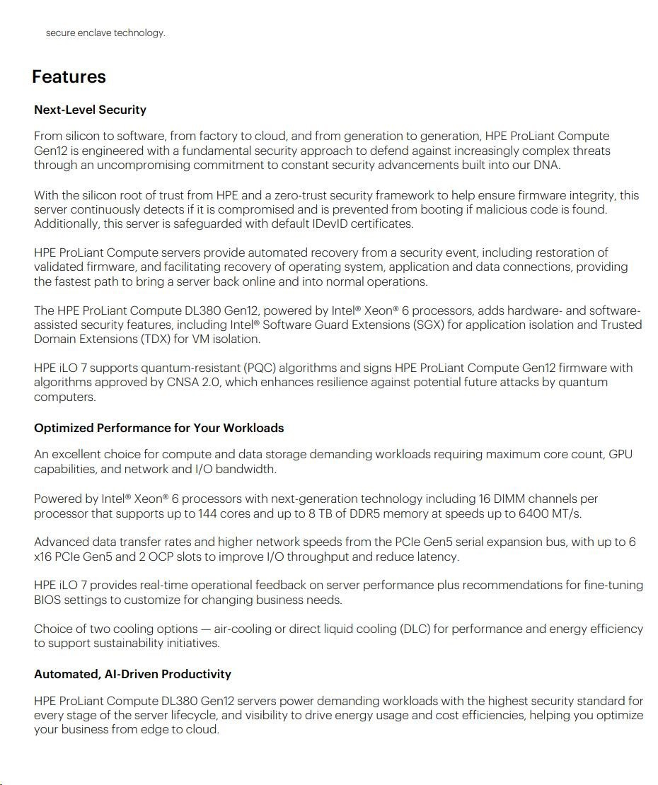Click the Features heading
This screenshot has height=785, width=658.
pyautogui.click(x=69, y=77)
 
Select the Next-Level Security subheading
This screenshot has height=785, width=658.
pyautogui.click(x=90, y=110)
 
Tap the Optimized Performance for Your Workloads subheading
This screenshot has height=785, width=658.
pyautogui.click(x=158, y=428)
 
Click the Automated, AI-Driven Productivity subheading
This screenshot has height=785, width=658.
pyautogui.click(x=132, y=674)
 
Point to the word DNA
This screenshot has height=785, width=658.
pyautogui.click(x=546, y=165)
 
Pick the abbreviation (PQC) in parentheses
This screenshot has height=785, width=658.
pyautogui.click(x=265, y=368)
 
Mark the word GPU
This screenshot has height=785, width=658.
pyautogui.click(x=621, y=454)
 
